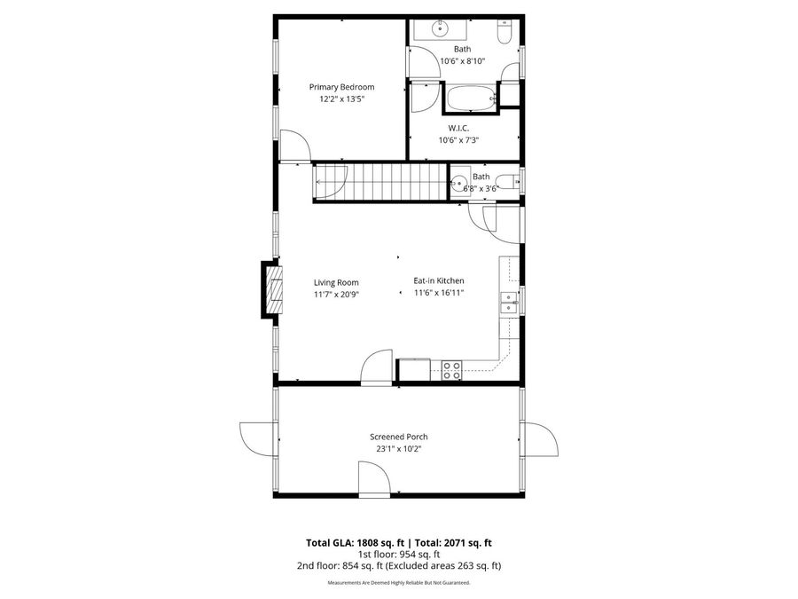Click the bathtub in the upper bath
point(469,98)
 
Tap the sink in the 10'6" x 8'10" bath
point(439,29)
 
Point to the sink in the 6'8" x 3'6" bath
point(458,185)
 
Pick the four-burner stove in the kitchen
point(451,370)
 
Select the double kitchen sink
point(509,303)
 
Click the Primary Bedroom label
point(341,87)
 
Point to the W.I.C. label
point(458,128)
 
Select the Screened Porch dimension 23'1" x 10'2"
point(398,449)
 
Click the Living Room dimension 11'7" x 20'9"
point(335,294)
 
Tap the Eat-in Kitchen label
point(439,280)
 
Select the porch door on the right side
point(538,438)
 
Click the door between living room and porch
point(376,366)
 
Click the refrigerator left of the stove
point(413,370)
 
